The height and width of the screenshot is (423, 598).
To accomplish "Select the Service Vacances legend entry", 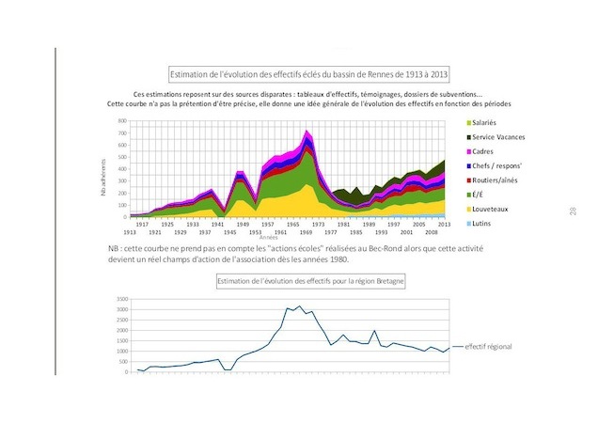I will click(497, 137).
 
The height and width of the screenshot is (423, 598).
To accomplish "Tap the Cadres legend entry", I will click(483, 151).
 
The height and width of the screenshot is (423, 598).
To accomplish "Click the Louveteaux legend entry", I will click(490, 208).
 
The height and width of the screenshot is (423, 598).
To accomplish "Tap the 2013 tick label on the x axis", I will click(443, 225).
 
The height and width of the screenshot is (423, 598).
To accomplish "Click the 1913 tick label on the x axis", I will click(132, 231).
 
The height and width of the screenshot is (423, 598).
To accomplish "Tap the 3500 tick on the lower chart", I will click(121, 298).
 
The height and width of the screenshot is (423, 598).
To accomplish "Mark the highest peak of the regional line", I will click(300, 305).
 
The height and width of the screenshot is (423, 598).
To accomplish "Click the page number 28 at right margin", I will click(572, 211).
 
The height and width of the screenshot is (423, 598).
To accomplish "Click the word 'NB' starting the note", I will click(115, 246).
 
